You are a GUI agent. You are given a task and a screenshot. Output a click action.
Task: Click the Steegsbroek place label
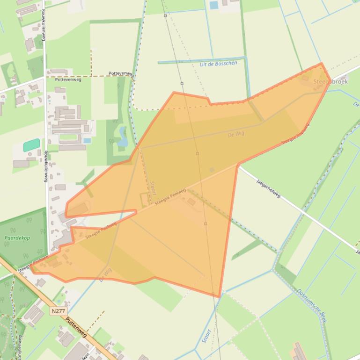[x=330, y=81]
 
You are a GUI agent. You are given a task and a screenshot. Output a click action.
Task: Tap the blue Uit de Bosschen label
[x=218, y=64]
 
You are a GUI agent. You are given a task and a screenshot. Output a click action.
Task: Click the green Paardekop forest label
[x=17, y=238]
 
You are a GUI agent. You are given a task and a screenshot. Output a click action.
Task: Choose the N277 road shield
[x=59, y=310]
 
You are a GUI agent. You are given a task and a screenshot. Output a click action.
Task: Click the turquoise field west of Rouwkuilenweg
[x=31, y=145]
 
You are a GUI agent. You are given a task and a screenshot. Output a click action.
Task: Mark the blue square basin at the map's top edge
[x=214, y=5]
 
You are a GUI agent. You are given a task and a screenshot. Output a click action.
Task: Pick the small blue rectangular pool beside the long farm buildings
[x=87, y=140]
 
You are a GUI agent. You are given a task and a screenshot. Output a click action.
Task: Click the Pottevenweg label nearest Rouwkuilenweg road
[x=68, y=80]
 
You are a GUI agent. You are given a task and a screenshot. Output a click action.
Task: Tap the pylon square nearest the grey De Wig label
[x=198, y=154]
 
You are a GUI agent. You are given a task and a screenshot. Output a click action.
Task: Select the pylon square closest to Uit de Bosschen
[x=182, y=84]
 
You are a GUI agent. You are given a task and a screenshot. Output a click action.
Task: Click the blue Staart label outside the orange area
[x=206, y=336]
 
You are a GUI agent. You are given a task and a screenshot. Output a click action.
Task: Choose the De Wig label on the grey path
[x=236, y=134]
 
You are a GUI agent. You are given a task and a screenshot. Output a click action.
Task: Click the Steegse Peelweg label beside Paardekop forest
[x=33, y=263]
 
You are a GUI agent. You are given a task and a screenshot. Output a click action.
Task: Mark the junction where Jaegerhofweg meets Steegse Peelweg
[x=239, y=164]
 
